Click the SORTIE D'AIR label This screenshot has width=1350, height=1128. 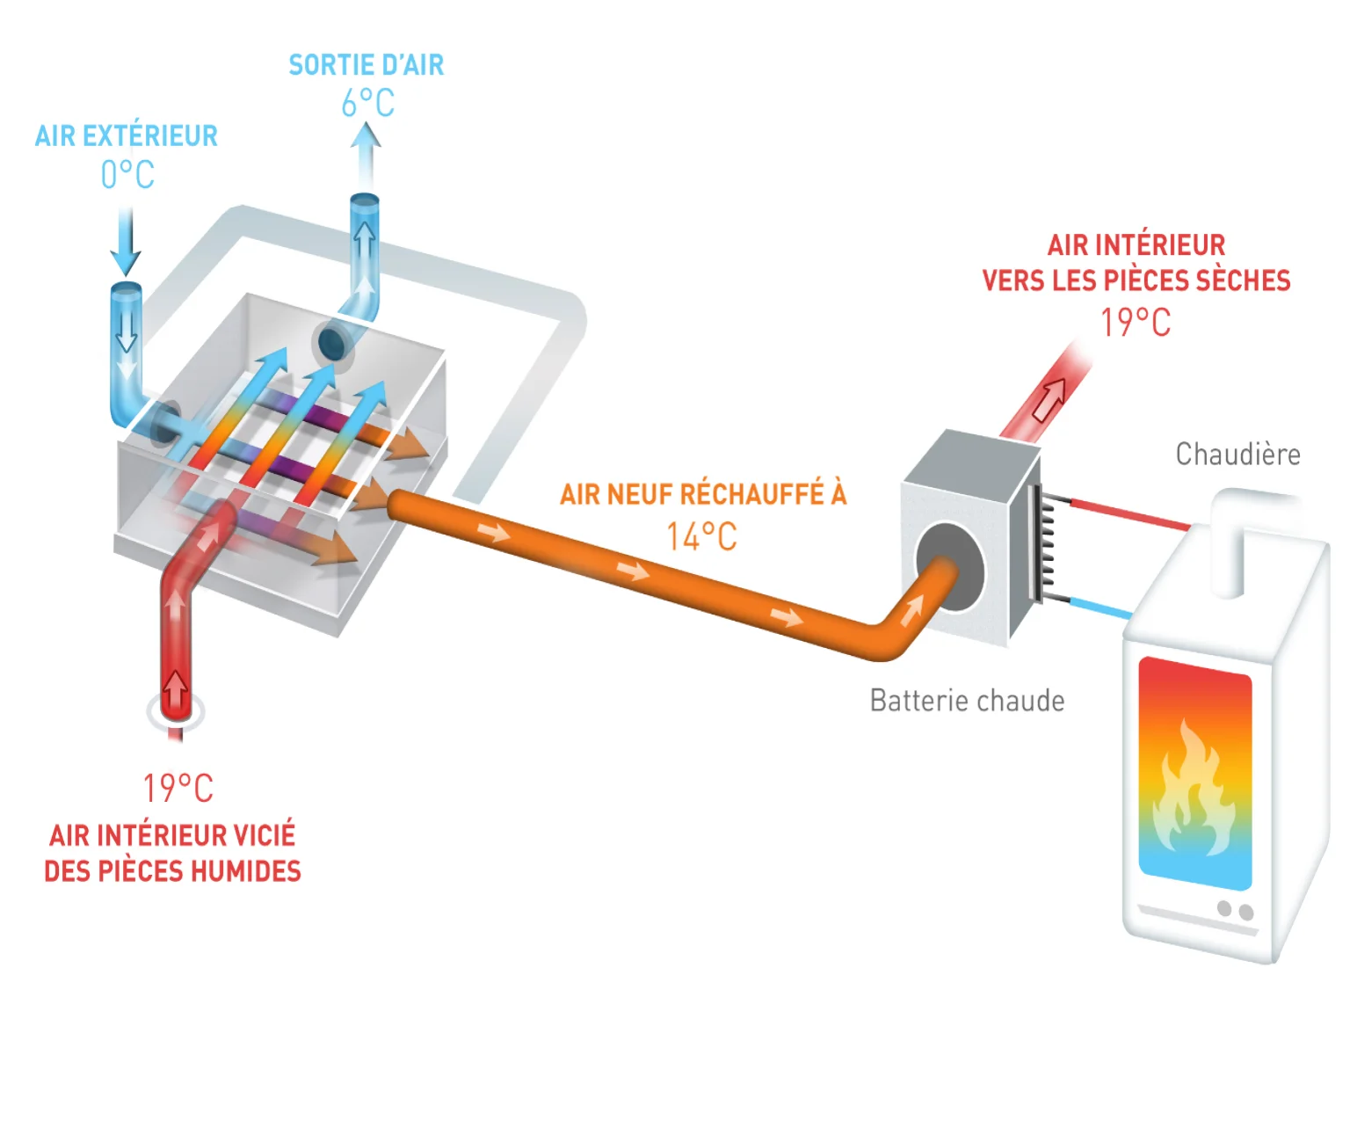[x=367, y=65]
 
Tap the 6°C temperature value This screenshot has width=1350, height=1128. [x=367, y=104]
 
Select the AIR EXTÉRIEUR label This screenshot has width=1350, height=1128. [x=127, y=136]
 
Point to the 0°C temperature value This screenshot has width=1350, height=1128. [x=127, y=175]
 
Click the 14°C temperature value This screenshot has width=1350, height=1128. [x=701, y=537]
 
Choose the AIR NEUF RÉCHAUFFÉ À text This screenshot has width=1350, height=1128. [x=703, y=495]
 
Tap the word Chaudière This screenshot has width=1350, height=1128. [x=1237, y=455]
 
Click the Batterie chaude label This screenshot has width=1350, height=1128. [x=967, y=701]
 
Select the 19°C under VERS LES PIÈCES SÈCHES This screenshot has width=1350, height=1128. [x=1136, y=323]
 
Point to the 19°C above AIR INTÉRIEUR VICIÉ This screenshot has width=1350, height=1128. [x=178, y=789]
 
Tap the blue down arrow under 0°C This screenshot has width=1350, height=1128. [x=126, y=243]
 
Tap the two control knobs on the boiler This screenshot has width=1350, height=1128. [x=1235, y=910]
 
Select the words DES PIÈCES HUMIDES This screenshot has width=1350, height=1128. [x=172, y=871]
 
